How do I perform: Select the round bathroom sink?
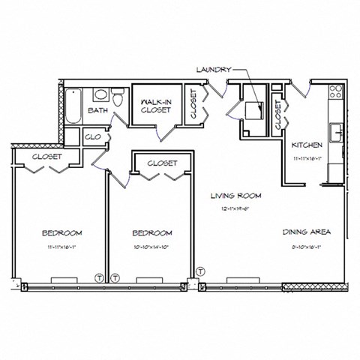click(x=100, y=95)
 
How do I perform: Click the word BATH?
click(x=98, y=110)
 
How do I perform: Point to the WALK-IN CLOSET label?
click(x=156, y=105)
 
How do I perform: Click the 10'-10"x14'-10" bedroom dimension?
click(x=151, y=245)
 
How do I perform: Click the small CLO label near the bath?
click(x=93, y=137)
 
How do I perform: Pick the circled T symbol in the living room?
click(x=199, y=270)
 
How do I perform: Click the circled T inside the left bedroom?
click(x=100, y=277)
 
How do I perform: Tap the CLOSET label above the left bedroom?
click(x=46, y=157)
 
